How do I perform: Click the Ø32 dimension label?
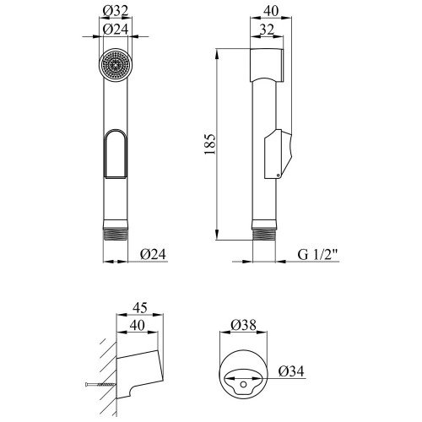click(116, 11)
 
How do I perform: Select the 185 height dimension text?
click(210, 144)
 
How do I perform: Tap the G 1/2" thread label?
click(317, 255)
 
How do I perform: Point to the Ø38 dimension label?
click(243, 325)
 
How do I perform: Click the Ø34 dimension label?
click(291, 371)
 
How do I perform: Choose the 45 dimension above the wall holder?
click(140, 307)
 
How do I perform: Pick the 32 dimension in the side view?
click(267, 30)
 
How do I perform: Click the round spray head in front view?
click(116, 65)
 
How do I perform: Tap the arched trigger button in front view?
click(116, 154)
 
